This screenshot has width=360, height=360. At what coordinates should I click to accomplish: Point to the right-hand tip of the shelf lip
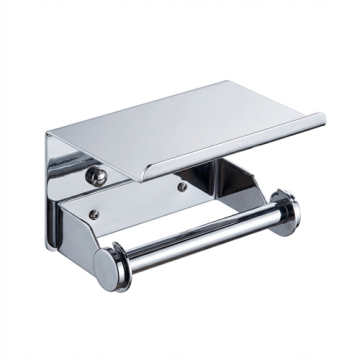coord(323,122)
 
